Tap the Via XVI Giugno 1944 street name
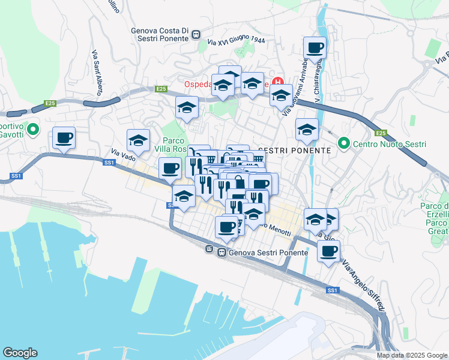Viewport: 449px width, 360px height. click(237, 41)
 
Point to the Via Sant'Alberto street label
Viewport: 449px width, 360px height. click(96, 73)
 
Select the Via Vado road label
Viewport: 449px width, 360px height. click(123, 155)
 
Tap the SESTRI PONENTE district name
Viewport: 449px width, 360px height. click(294, 150)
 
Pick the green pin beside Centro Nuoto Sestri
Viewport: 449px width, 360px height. click(343, 143)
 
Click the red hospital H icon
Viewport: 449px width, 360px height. click(277, 82)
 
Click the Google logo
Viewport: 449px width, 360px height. click(20, 353)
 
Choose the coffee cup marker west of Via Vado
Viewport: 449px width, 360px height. click(64, 139)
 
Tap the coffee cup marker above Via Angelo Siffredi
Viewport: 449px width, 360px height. click(328, 252)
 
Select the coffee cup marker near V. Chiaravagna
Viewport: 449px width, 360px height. click(315, 48)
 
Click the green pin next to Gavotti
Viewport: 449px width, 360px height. click(33, 128)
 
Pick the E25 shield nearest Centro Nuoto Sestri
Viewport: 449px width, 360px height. click(380, 133)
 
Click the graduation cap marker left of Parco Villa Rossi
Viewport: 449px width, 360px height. click(139, 141)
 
